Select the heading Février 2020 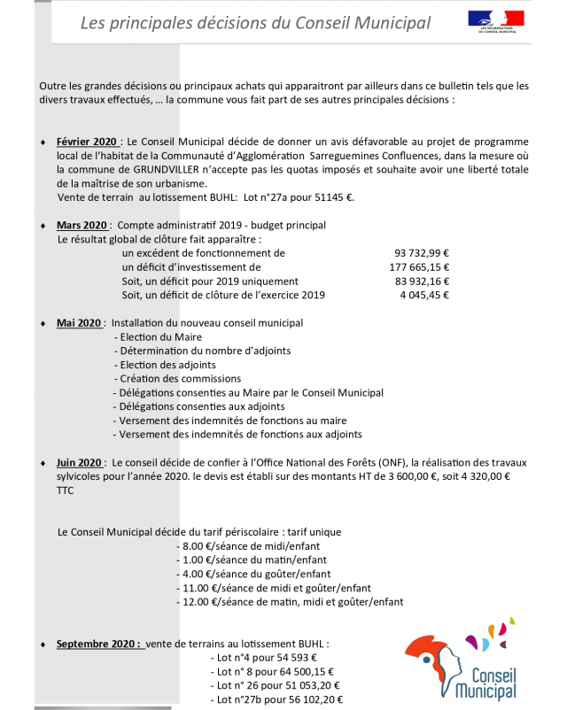87,141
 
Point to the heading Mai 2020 79,323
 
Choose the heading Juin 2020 80,462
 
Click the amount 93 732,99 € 421,252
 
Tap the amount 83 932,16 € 421,281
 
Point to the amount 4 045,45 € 425,295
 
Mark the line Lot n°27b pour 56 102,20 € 277,699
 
